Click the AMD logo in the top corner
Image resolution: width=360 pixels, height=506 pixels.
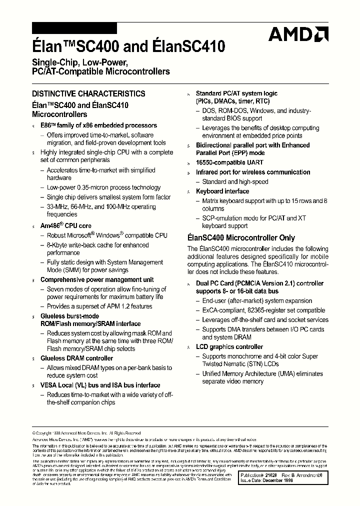coord(298,34)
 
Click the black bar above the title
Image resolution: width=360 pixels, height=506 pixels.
coord(74,28)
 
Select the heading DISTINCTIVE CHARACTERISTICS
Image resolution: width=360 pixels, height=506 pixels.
coord(88,93)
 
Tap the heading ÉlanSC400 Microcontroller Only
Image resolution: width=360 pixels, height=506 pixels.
coord(241,238)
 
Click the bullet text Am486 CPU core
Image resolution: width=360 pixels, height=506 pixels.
coord(65,226)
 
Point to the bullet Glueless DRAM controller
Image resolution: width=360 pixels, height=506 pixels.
coord(76,358)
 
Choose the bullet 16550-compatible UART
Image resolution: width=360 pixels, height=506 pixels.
coord(229,162)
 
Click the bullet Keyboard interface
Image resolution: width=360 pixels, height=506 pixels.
coord(222,191)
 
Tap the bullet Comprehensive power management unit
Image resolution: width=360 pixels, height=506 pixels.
coord(97,280)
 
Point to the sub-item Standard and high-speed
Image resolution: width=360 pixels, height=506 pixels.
coord(235,182)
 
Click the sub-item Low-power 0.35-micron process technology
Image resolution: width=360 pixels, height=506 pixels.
coord(103,187)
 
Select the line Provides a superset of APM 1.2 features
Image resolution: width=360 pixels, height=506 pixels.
coord(99,306)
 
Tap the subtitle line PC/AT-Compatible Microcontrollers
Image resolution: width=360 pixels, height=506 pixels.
coord(100,72)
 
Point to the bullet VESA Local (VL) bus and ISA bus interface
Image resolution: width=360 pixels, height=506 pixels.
coord(100,385)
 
